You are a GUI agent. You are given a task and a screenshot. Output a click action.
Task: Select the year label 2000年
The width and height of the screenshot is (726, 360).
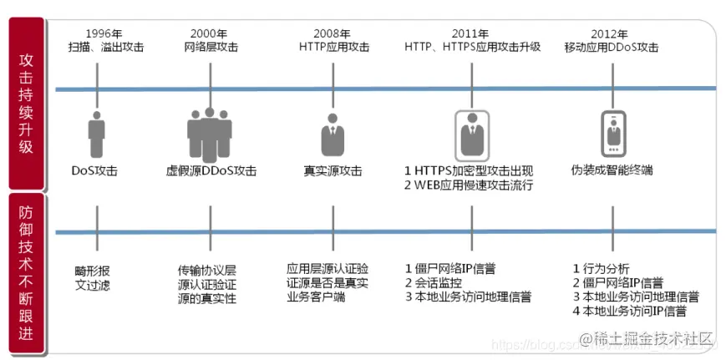207,33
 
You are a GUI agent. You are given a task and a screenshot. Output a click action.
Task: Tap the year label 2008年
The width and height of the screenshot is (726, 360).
333,33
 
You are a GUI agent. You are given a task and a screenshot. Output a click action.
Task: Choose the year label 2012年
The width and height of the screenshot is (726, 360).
611,33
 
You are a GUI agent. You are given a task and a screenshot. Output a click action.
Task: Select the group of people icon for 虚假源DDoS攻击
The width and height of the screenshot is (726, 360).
210,133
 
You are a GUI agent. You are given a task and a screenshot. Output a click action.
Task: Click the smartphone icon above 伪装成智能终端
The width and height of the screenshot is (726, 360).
614,133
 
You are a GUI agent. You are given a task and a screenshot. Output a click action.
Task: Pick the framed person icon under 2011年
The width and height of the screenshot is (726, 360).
472,133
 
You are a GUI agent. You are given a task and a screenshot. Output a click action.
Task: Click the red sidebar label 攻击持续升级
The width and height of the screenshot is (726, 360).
27,104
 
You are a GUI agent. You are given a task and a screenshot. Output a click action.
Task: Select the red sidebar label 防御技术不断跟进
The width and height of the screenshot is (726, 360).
27,271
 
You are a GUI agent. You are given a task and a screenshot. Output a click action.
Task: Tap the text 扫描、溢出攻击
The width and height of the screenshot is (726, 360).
106,48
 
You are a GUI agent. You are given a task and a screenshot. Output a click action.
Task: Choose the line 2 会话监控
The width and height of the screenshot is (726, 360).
439,282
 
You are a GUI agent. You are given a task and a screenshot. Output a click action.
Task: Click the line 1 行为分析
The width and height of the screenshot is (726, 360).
602,268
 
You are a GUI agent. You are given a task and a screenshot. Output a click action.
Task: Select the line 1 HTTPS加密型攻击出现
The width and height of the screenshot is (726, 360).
467,170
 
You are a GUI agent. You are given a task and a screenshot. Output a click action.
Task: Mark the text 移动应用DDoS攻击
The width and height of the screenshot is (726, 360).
612,48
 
